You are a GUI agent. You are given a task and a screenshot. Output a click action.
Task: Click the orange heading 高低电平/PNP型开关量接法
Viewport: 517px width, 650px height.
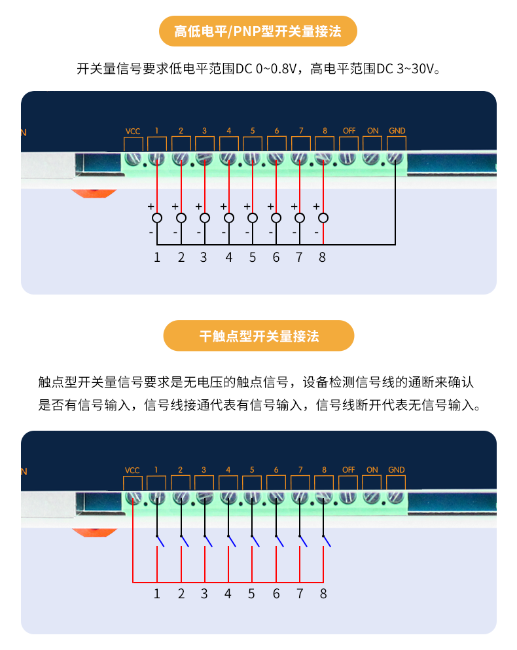[x=258, y=31]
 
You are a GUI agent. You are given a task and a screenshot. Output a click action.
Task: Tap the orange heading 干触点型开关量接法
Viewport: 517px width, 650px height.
[x=258, y=336]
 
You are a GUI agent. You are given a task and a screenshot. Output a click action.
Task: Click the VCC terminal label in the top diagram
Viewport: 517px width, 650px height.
[x=133, y=131]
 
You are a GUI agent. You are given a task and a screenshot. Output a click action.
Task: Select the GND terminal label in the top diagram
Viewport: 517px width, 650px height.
[x=397, y=130]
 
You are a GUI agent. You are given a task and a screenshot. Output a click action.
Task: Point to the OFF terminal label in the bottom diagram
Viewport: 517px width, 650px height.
[x=348, y=469]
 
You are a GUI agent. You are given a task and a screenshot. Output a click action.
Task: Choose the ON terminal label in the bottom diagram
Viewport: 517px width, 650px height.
[x=372, y=469]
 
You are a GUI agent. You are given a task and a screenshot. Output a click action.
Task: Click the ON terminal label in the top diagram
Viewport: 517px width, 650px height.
[x=372, y=130]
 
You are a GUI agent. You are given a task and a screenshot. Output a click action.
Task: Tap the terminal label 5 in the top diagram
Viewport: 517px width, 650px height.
[x=253, y=130]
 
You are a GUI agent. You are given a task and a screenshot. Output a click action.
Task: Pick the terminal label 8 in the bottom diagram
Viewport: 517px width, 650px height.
[x=324, y=469]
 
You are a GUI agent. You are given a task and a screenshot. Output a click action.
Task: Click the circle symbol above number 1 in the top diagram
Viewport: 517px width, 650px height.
[x=157, y=218]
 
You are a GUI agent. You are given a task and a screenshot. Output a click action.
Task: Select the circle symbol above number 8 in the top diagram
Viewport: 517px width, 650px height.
[x=323, y=218]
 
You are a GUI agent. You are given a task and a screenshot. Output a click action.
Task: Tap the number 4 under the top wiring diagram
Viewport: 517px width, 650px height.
[x=228, y=257]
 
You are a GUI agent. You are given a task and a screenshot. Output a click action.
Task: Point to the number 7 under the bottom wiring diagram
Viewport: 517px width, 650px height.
[x=300, y=594]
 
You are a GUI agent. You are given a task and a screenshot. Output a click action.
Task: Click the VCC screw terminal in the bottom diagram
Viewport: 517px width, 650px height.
[x=133, y=497]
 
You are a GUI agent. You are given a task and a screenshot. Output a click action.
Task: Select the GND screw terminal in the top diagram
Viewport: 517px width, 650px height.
[x=395, y=158]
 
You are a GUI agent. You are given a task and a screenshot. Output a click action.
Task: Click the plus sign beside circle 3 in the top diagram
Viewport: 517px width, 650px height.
[x=198, y=206]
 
